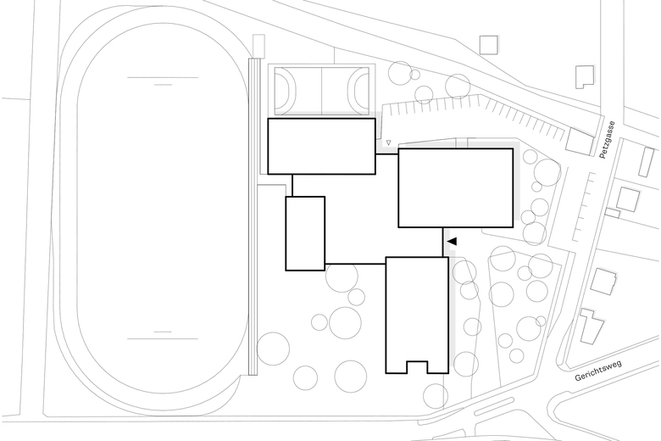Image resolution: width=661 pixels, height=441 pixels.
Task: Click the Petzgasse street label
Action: coord(608,140)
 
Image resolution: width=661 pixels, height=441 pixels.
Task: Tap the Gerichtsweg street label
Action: coord(597,371)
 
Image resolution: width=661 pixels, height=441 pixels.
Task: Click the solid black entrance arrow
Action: coord(452,242)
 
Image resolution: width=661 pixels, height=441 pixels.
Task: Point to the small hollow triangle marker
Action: coord(388,142)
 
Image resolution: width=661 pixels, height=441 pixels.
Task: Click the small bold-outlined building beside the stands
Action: coord(305,233)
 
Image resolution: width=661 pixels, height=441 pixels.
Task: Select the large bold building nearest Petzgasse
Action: coord(456,187)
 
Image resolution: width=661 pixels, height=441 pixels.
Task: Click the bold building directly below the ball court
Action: coord(322,146)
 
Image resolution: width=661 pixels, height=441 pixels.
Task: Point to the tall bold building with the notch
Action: coord(417,315)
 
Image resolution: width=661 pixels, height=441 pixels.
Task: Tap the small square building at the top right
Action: coord(489,45)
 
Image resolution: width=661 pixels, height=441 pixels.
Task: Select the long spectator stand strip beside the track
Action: coord(253,216)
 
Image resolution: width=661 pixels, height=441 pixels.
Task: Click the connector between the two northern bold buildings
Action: coord(386,154)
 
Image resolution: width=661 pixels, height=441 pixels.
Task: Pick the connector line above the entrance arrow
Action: coord(442,242)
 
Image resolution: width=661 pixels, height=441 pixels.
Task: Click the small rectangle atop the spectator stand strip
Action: coord(258,46)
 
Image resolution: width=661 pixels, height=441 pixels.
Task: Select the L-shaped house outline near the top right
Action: coord(585,77)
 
